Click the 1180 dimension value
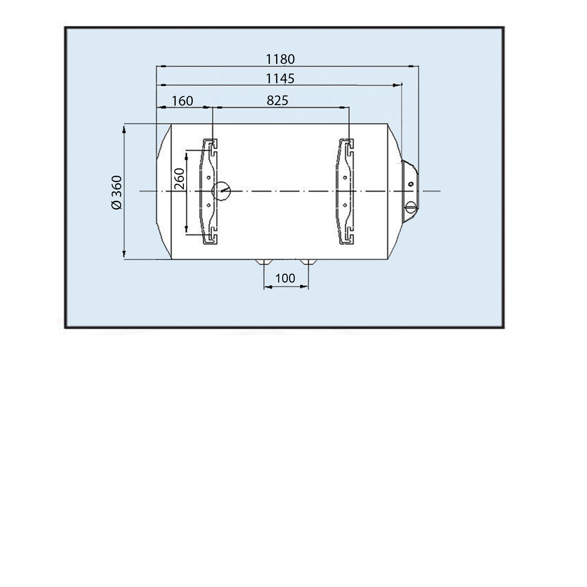pyautogui.click(x=280, y=59)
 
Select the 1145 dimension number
pyautogui.click(x=280, y=79)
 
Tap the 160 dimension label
pyautogui.click(x=182, y=101)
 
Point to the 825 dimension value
pyautogui.click(x=277, y=101)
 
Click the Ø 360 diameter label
pyautogui.click(x=116, y=192)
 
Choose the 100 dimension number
pyautogui.click(x=285, y=278)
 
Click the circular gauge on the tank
pyautogui.click(x=221, y=191)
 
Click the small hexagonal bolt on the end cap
pyautogui.click(x=411, y=184)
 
